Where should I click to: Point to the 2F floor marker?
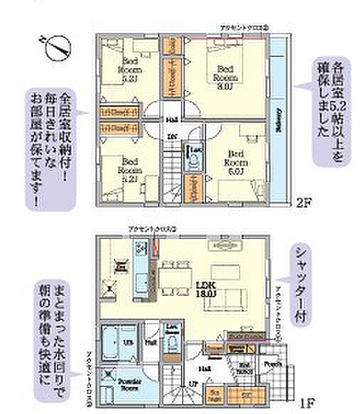305,202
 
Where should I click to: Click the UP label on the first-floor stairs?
173,383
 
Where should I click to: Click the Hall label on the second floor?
171,120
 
